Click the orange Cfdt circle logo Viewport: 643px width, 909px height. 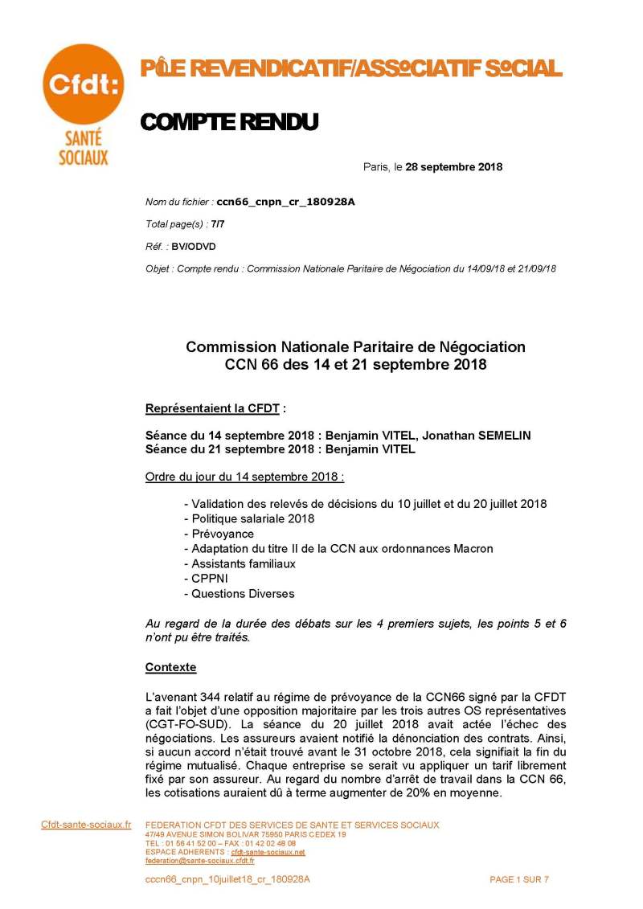tap(83, 84)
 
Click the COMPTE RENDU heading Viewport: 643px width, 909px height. tap(229, 122)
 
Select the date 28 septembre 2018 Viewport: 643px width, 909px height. tap(454, 167)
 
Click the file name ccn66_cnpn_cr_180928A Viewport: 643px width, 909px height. tap(285, 202)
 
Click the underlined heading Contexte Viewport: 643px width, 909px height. tap(170, 668)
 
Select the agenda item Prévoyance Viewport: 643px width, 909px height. tap(223, 534)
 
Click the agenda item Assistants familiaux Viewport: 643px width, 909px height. tap(244, 563)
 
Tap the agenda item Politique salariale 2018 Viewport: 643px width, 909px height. tap(253, 518)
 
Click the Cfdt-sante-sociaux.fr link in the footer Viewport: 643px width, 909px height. tap(86, 825)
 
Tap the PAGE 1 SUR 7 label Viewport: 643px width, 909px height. tap(519, 879)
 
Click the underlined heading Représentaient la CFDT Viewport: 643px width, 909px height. tap(213, 408)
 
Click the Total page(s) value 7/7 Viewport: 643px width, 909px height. tap(218, 224)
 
